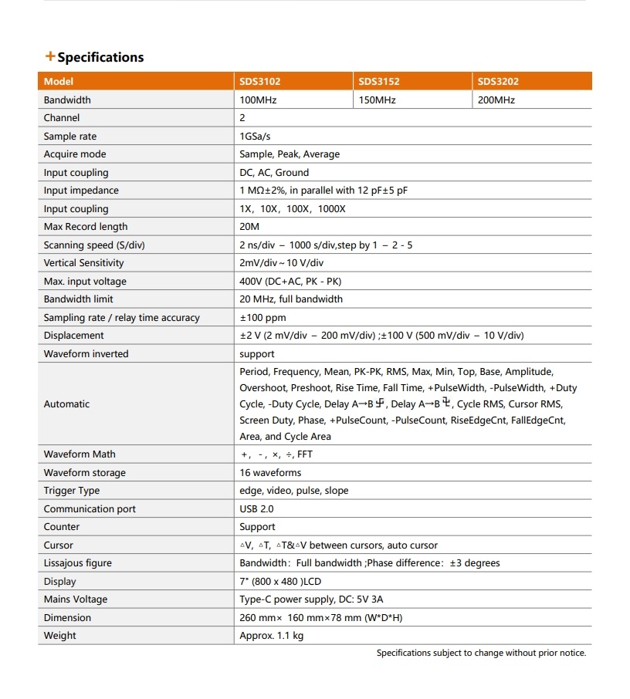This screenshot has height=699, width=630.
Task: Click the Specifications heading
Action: (100, 57)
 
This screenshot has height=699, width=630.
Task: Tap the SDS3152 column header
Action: (378, 81)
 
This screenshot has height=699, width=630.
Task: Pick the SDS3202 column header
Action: (498, 81)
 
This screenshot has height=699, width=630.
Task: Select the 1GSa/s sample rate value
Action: (256, 136)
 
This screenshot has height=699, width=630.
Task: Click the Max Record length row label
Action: (86, 227)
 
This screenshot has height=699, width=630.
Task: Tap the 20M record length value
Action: (249, 227)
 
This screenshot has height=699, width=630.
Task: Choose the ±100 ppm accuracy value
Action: (262, 318)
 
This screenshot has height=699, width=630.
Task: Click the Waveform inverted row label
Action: (86, 354)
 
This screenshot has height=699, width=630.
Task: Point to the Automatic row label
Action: (66, 404)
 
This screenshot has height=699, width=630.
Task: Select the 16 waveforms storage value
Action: (270, 473)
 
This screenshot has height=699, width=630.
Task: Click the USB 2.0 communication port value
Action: (256, 509)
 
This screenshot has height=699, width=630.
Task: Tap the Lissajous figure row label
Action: (81, 563)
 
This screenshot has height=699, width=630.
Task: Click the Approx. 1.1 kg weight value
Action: (272, 636)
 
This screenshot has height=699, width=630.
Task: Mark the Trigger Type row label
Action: (72, 491)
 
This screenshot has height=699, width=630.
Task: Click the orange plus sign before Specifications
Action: (50, 56)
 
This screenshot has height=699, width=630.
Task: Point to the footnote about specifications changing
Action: (481, 653)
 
